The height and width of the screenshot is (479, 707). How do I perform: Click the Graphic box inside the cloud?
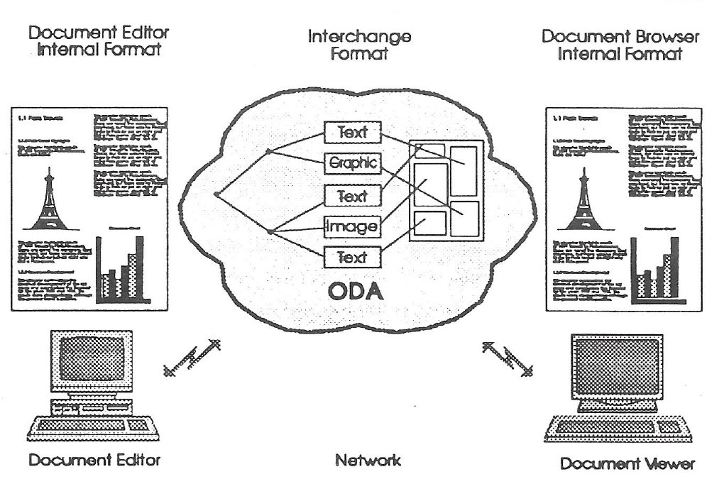pos(353,164)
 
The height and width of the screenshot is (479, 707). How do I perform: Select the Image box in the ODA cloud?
pos(353,226)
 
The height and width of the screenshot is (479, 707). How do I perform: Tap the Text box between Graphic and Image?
pos(353,195)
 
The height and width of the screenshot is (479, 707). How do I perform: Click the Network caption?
pos(367,461)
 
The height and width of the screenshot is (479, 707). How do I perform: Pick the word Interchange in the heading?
pos(359,36)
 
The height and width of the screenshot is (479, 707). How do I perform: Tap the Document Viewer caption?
pos(627,464)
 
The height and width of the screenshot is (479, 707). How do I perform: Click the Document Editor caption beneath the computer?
pos(94,461)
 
